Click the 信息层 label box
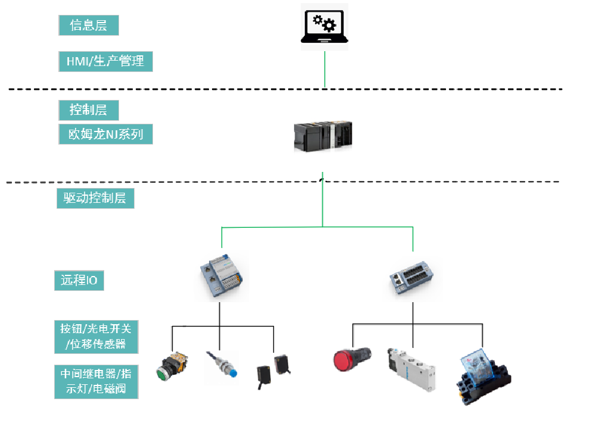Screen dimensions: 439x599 89,25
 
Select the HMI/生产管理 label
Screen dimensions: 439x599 105,61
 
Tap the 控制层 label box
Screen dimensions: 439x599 89,110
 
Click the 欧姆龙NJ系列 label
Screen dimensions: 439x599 105,134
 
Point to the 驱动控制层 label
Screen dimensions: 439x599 95,199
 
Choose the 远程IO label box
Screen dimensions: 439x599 79,280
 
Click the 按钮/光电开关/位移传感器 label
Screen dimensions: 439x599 96,336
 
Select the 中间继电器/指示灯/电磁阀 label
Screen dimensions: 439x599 96,381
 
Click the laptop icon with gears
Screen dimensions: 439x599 325,27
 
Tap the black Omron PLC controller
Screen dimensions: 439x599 323,137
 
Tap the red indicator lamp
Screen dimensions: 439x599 351,360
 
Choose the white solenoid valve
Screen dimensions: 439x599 412,369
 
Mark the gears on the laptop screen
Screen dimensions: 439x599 325,23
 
